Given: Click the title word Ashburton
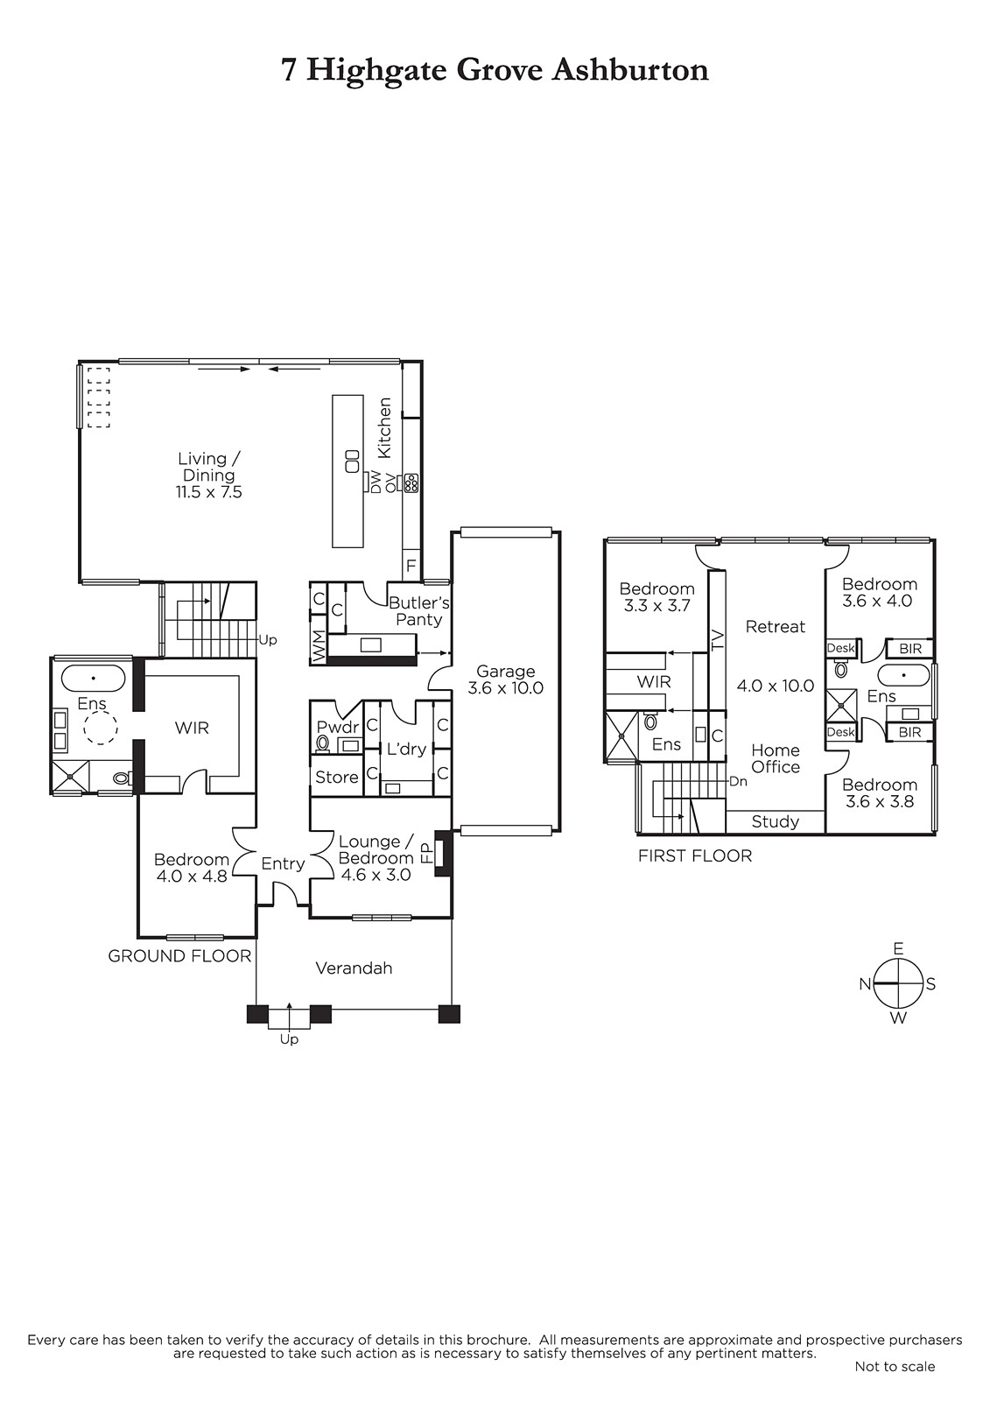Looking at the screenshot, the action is [x=629, y=70].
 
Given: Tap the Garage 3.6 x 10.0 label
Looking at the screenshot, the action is [x=505, y=679].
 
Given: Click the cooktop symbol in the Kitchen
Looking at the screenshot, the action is [x=411, y=483].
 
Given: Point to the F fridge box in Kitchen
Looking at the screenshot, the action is [x=411, y=566].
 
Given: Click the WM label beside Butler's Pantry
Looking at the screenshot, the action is [x=319, y=647].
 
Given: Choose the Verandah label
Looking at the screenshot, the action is [x=354, y=968].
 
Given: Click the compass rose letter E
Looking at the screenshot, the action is [x=898, y=949].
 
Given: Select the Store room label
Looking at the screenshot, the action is [x=336, y=777].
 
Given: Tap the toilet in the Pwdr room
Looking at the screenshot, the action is [x=323, y=743].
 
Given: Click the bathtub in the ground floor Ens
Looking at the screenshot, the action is [x=93, y=678].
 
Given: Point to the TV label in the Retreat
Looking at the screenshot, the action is [x=717, y=638].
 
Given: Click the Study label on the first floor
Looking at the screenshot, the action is [x=776, y=821].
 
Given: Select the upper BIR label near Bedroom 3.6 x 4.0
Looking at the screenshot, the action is [x=910, y=649].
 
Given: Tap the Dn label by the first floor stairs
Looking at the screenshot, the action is [x=738, y=781].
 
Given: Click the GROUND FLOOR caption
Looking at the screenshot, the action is [x=179, y=955].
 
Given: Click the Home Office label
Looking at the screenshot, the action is [x=776, y=758].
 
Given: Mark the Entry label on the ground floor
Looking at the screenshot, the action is [x=283, y=863].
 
